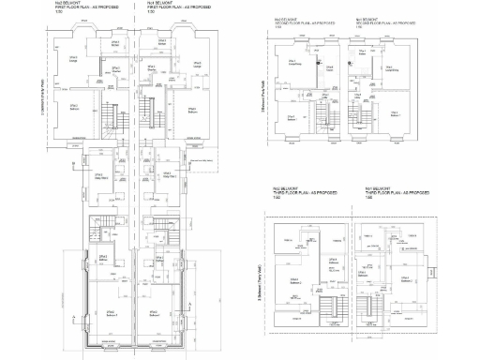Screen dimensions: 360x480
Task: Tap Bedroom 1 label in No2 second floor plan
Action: (292, 116)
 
